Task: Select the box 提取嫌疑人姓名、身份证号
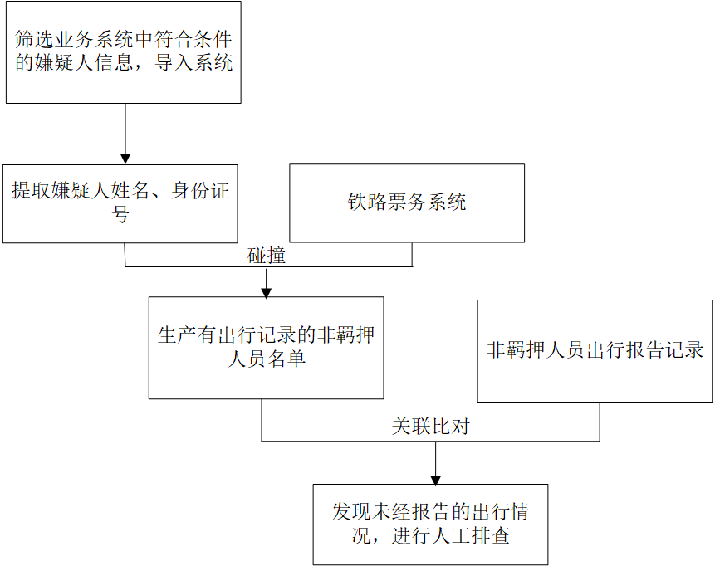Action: pyautogui.click(x=120, y=202)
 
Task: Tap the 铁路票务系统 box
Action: pyautogui.click(x=407, y=202)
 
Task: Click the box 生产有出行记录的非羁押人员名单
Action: pyautogui.click(x=266, y=347)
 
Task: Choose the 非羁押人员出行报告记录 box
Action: pyautogui.click(x=595, y=350)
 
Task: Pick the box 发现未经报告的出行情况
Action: pyautogui.click(x=430, y=524)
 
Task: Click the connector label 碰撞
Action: pyautogui.click(x=267, y=256)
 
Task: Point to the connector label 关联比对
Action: pyautogui.click(x=431, y=427)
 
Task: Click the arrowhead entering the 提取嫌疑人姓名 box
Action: pyautogui.click(x=125, y=158)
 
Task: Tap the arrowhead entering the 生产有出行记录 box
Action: pyautogui.click(x=267, y=291)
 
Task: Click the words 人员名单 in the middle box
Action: pyautogui.click(x=267, y=359)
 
